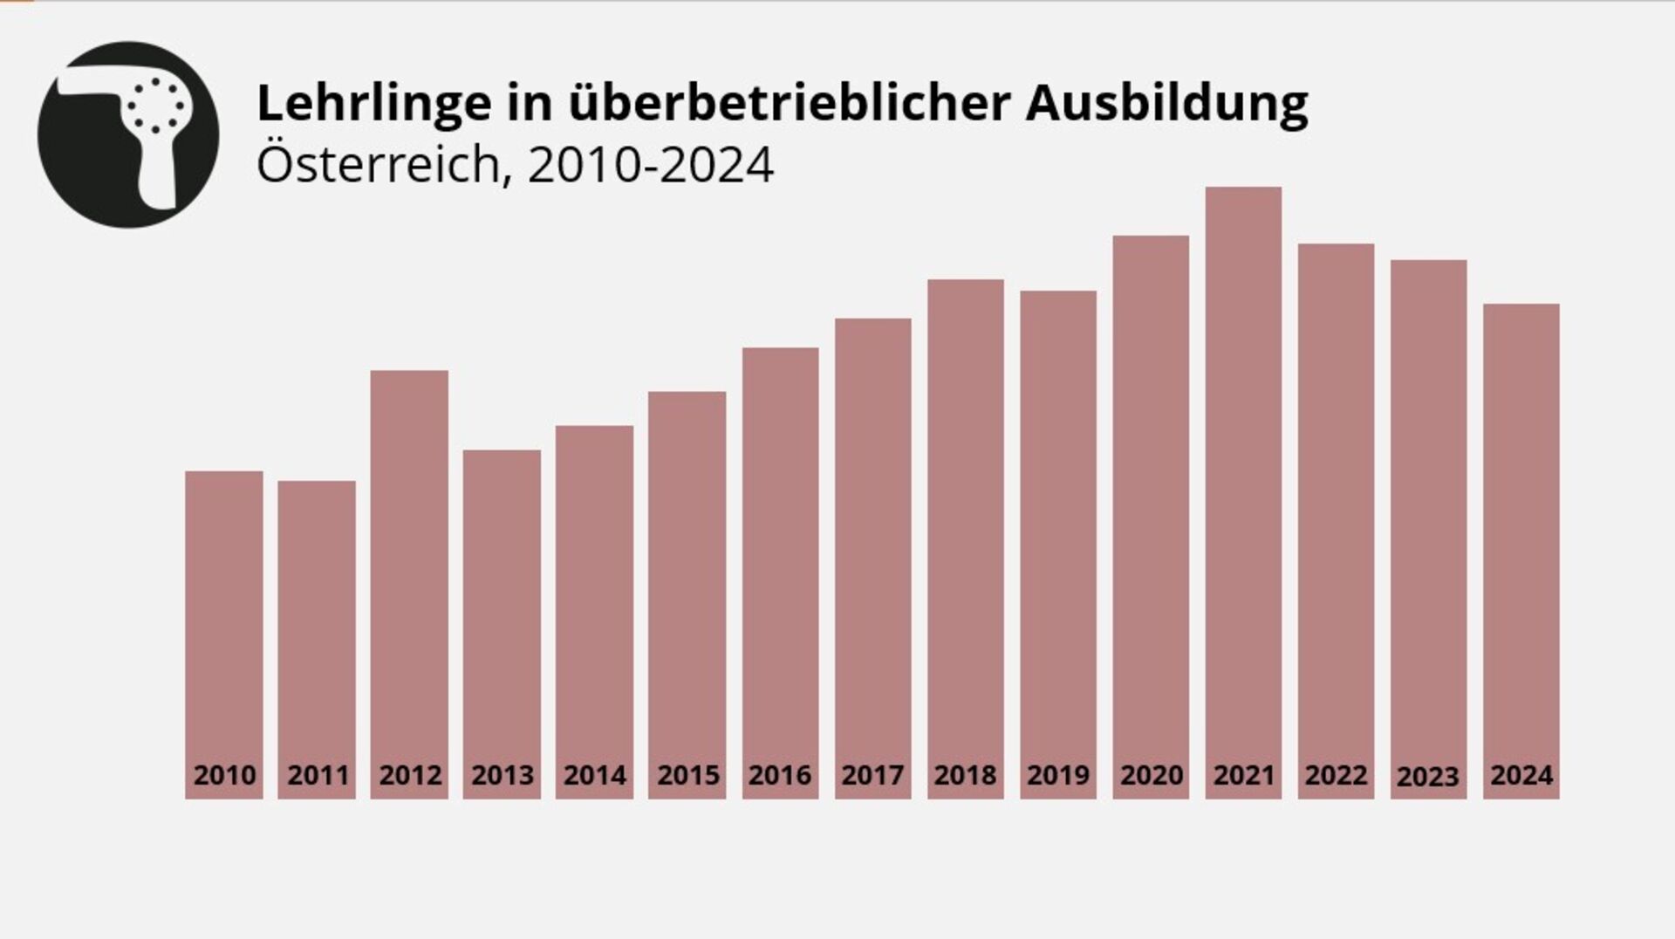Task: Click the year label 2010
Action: pos(224,775)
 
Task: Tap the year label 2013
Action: pos(502,775)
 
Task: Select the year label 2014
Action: pos(595,775)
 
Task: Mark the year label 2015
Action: pos(687,775)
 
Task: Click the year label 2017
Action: pos(872,775)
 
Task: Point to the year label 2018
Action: pos(965,775)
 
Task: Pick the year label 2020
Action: pos(1152,775)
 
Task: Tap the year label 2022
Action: pos(1336,775)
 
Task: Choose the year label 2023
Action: pos(1428,776)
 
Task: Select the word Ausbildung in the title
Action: pos(1166,103)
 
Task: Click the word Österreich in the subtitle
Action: pos(377,164)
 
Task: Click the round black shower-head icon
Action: pos(128,134)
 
